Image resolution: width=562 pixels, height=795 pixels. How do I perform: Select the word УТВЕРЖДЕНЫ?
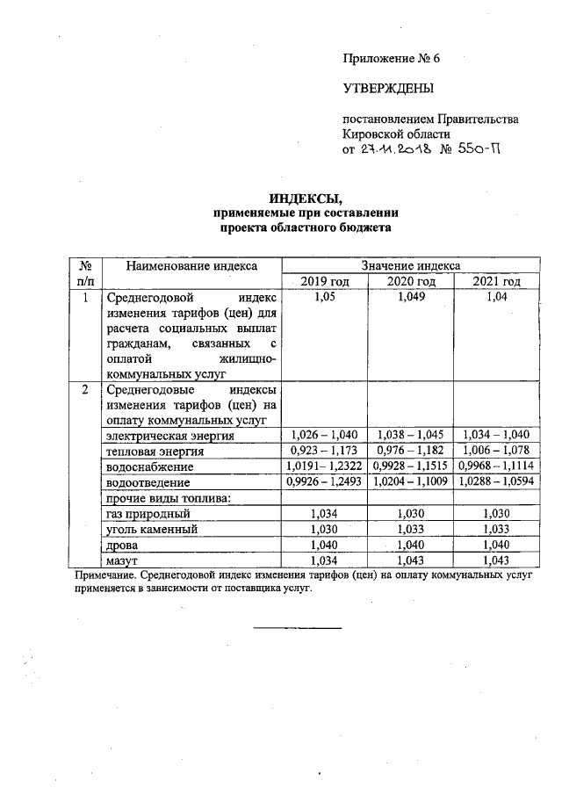[388, 88]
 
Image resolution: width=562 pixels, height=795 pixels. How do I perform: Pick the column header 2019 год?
[325, 281]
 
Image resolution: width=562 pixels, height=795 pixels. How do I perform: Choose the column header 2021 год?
[496, 281]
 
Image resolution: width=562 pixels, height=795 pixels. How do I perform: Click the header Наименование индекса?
[191, 265]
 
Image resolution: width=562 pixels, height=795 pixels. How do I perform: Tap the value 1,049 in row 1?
[411, 298]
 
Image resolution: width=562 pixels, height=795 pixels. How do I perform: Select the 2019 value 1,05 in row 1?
[325, 298]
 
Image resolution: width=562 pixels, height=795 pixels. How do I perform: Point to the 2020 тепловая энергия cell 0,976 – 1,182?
[411, 451]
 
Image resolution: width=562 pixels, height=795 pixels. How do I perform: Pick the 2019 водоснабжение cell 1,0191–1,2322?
[325, 466]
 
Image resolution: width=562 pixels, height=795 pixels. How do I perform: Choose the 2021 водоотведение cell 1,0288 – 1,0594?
[496, 482]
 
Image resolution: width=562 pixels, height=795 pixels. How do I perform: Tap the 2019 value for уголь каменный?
[325, 530]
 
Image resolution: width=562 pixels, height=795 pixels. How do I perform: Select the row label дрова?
[121, 546]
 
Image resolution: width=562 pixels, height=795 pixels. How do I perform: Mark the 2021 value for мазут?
[496, 561]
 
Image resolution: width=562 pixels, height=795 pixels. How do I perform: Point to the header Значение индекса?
[410, 265]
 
